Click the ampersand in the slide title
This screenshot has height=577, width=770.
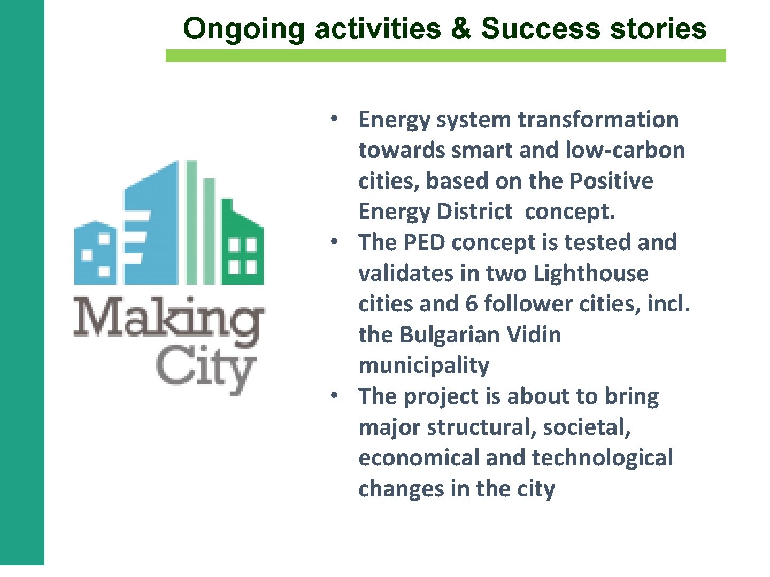click(460, 29)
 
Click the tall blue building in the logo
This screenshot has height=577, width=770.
click(152, 224)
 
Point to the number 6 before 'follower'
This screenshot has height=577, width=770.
click(471, 304)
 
